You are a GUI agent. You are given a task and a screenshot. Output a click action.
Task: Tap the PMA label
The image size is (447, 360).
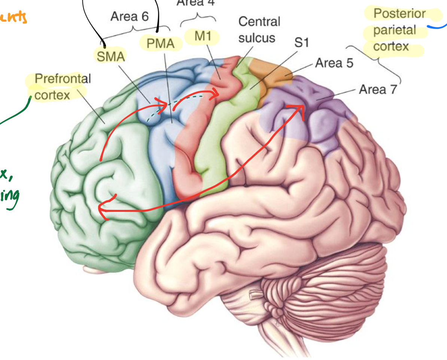160,44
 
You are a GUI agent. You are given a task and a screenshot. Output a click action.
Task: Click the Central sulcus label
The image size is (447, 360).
259,30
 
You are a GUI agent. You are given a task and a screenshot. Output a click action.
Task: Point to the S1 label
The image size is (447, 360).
301,43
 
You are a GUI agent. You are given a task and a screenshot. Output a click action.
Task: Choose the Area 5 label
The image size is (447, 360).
334,63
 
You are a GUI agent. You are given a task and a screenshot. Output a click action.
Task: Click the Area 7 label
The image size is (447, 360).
377,89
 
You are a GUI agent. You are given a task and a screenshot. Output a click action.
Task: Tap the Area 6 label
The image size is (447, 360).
130,16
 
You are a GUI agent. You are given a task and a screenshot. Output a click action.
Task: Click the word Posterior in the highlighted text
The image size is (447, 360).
399,14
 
